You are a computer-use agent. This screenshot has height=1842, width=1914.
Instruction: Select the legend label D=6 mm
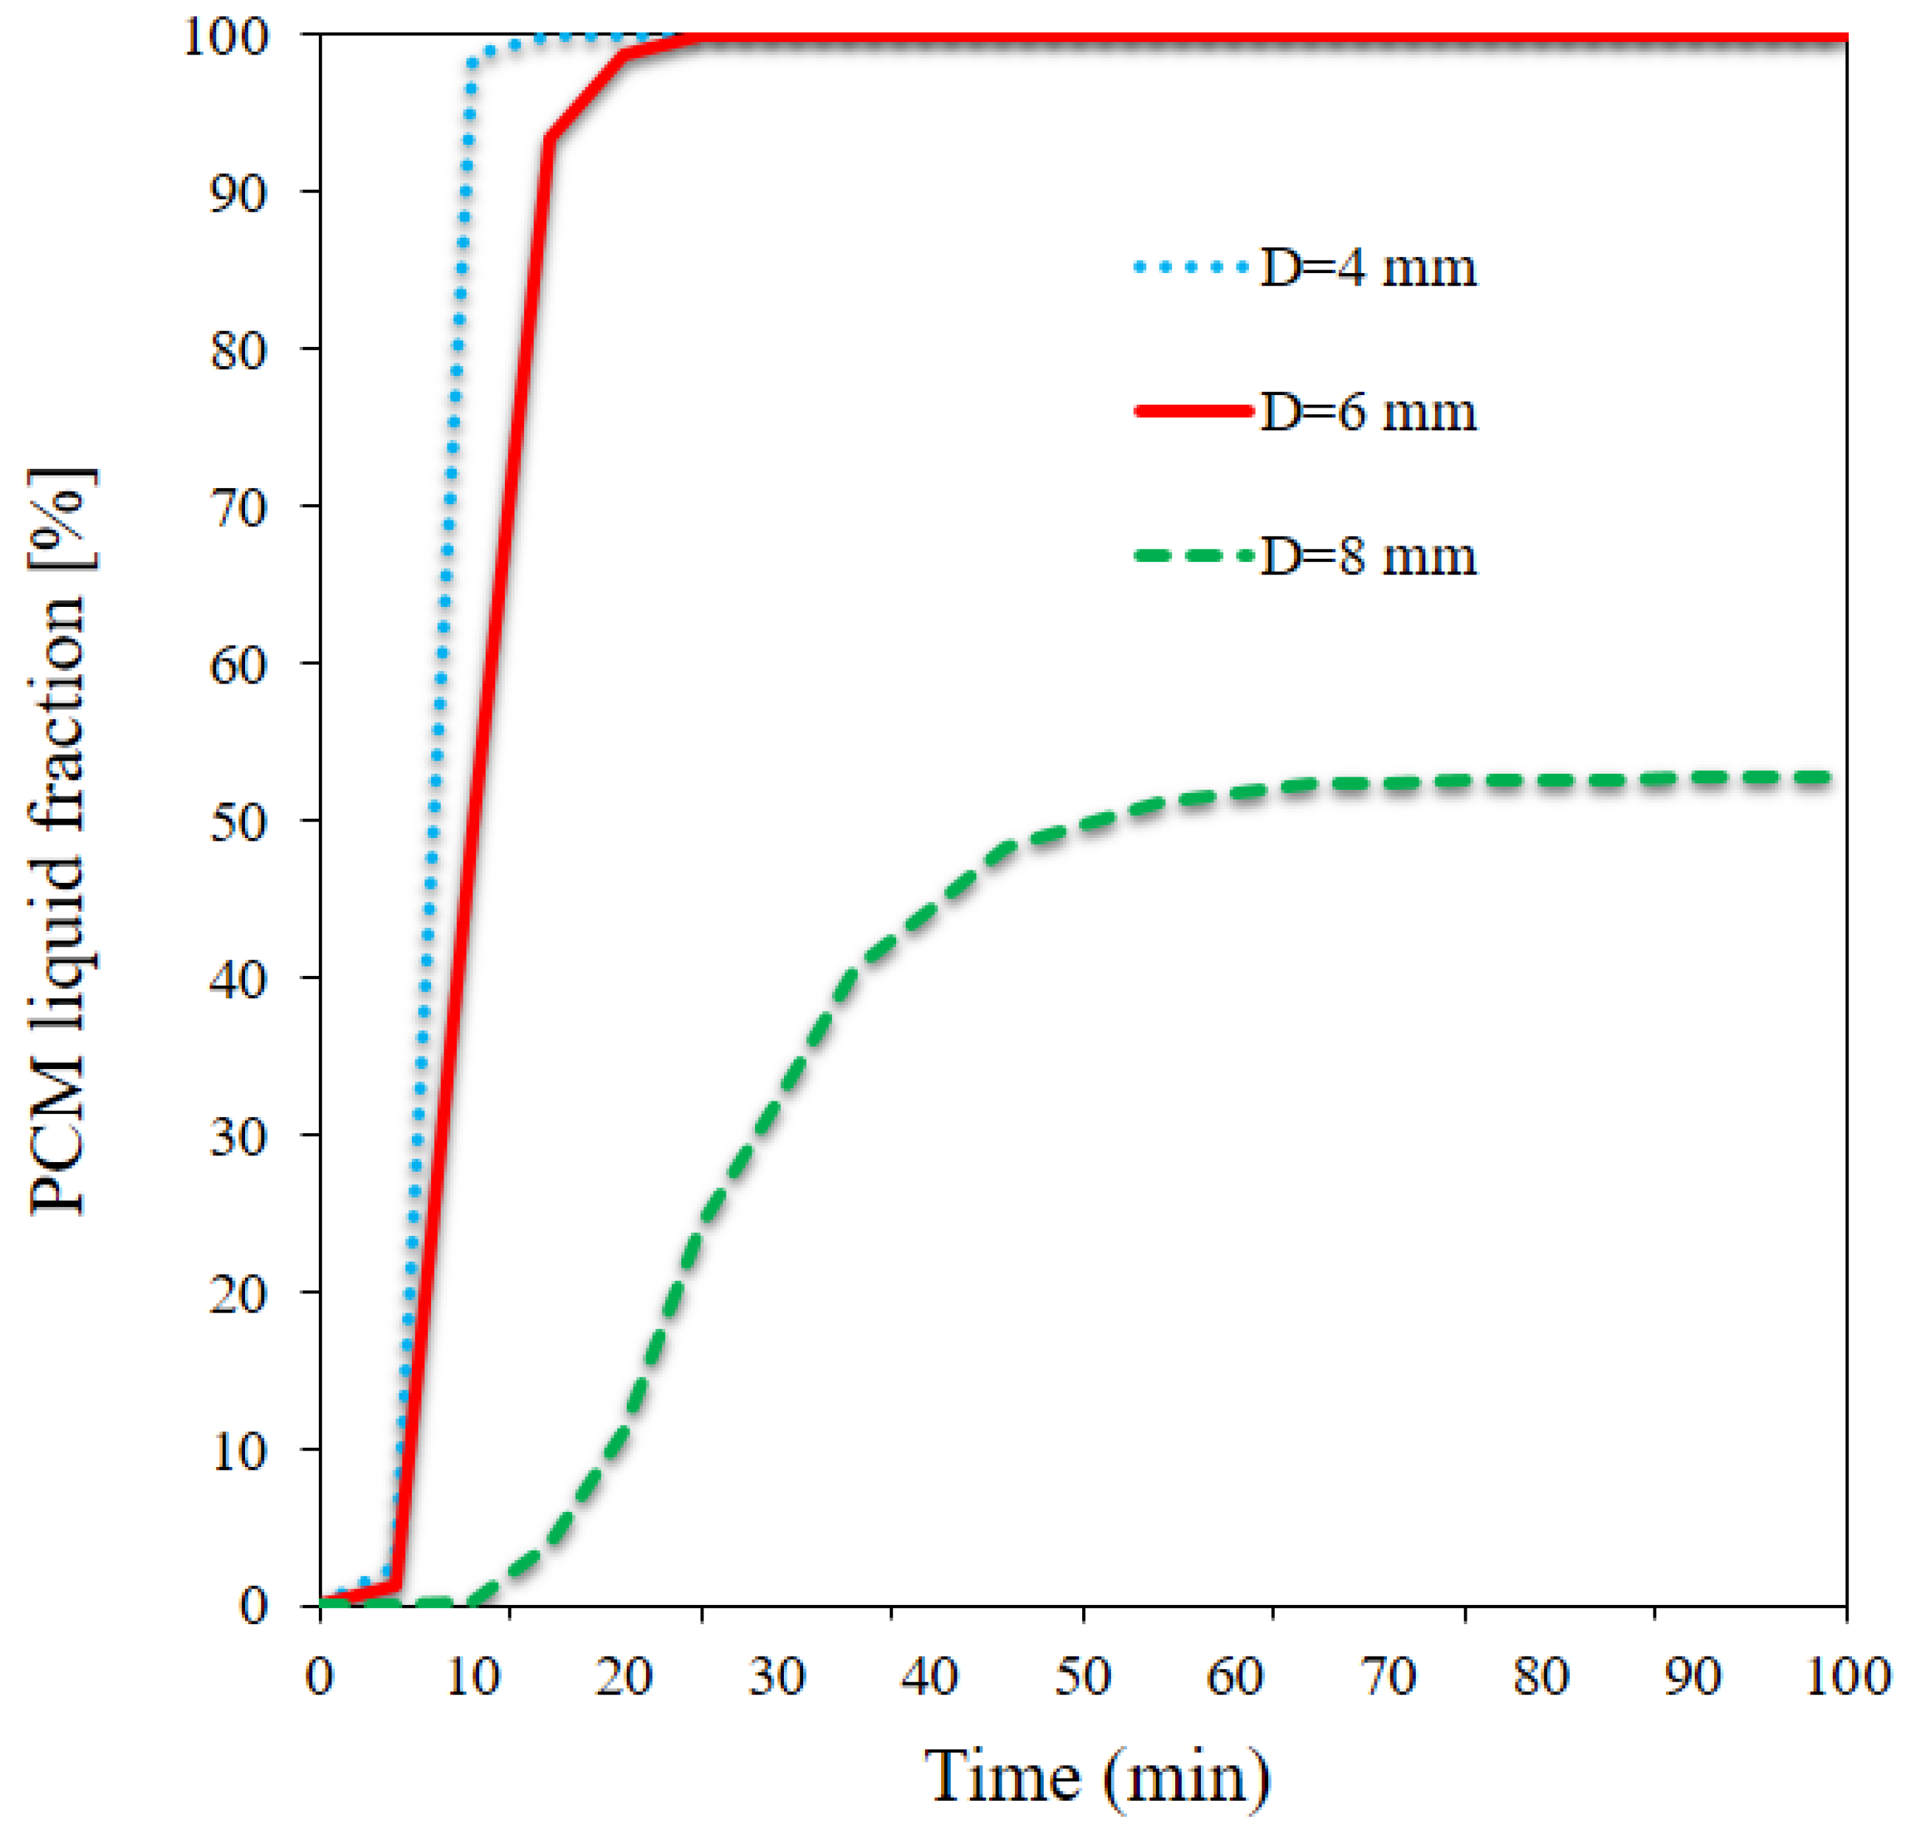[x=1367, y=411]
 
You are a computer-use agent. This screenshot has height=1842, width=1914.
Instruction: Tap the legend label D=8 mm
[x=1367, y=556]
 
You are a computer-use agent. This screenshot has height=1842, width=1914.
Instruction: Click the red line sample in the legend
[x=1194, y=411]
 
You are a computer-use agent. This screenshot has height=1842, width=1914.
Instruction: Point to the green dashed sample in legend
[x=1194, y=556]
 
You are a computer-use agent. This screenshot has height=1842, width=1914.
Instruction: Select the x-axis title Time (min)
[x=1098, y=1776]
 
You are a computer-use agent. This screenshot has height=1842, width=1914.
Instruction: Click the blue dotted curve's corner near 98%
[x=472, y=64]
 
